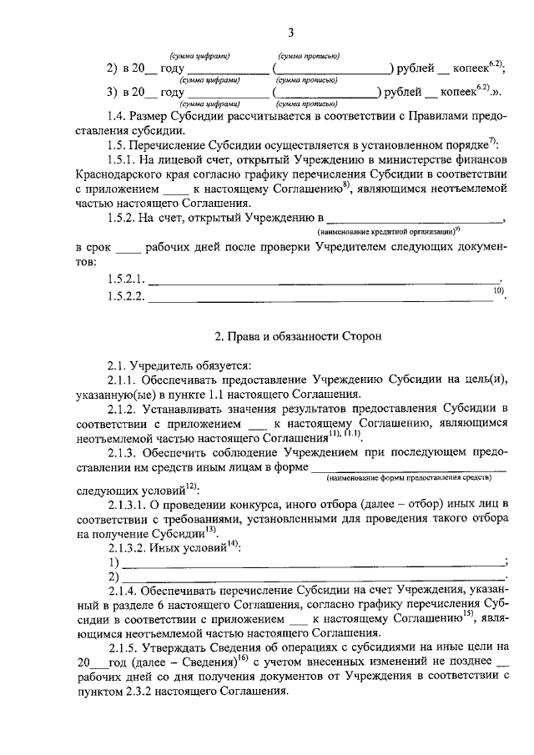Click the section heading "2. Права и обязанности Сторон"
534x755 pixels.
(298, 338)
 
